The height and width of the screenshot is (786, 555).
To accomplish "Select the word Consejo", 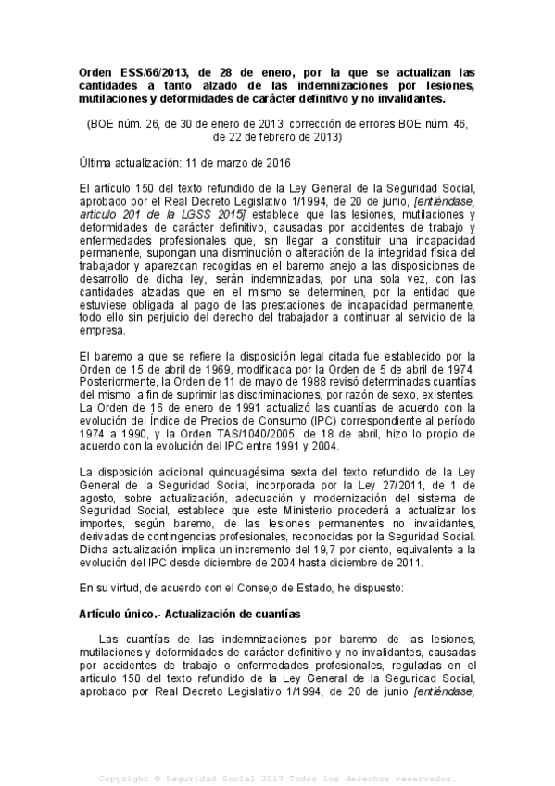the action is (x=254, y=589).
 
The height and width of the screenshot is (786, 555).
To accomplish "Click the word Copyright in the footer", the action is (x=130, y=778).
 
